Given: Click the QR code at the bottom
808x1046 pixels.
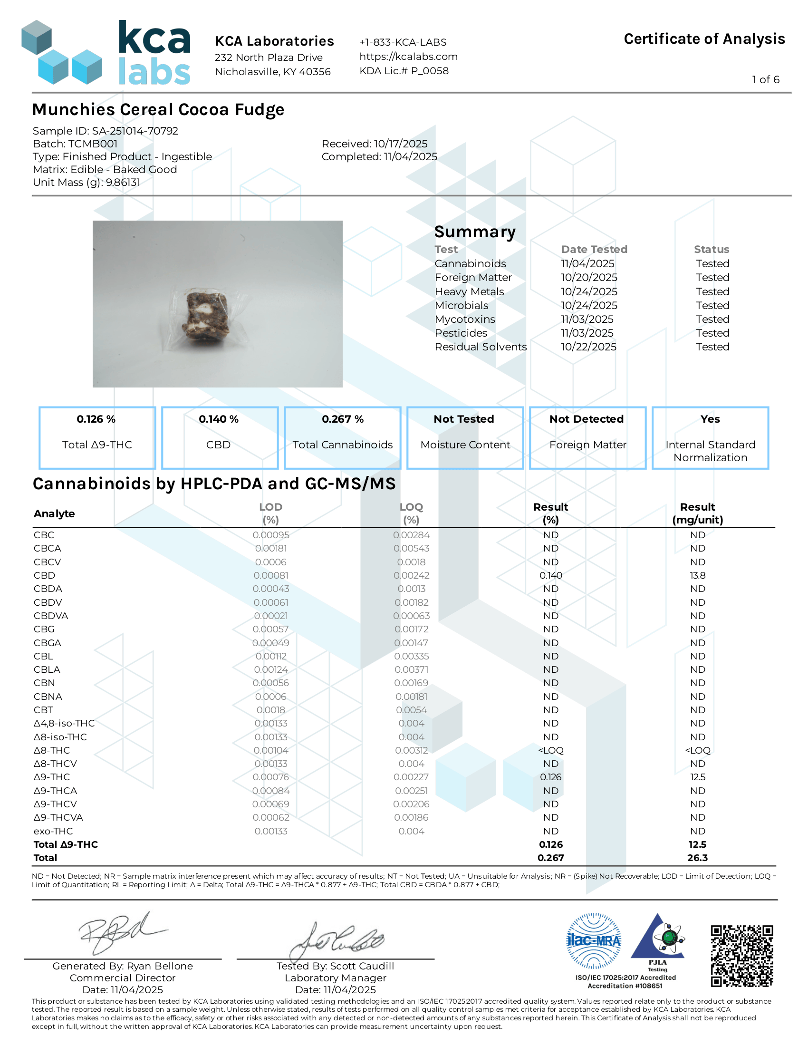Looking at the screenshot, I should point(741,956).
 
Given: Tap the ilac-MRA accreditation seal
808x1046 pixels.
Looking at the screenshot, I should point(594,941).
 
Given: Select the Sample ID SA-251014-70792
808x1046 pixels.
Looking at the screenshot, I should point(106,131).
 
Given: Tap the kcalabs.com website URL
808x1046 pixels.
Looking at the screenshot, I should point(408,57).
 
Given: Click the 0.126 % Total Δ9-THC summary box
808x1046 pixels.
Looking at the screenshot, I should point(97,437).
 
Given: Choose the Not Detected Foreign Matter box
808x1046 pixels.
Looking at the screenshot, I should point(587,437).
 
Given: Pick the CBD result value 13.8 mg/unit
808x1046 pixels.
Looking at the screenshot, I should point(697,575).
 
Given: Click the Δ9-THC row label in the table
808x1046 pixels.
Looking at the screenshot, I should point(52,777).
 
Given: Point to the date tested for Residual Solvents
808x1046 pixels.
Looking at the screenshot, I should point(588,347).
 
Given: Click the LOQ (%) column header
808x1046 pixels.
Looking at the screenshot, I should point(411,513).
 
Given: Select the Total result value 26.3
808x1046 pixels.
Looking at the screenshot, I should point(697,858).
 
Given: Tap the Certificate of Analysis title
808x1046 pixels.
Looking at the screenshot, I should point(704,39).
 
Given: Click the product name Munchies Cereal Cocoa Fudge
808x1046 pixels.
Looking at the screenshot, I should point(158,110).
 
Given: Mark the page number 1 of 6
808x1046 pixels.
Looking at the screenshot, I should point(765,79).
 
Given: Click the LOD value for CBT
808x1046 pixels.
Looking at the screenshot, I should point(271,710).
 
